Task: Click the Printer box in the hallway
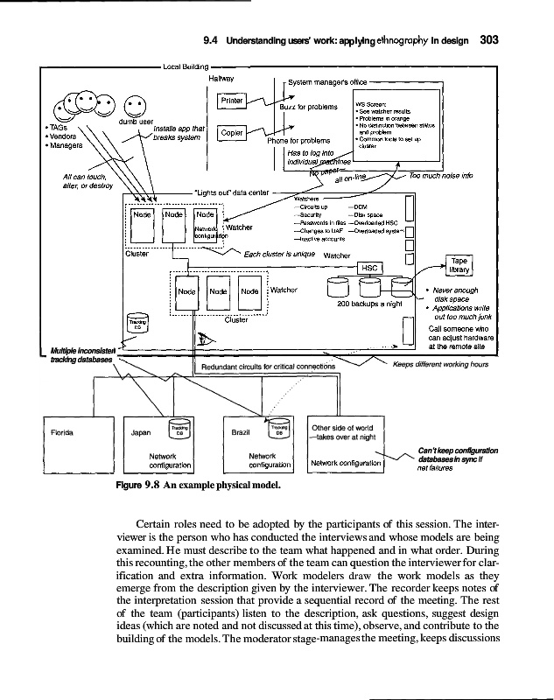pos(232,101)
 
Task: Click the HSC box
pos(367,269)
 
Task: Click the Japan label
pos(142,431)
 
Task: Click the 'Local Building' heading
pos(187,66)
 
